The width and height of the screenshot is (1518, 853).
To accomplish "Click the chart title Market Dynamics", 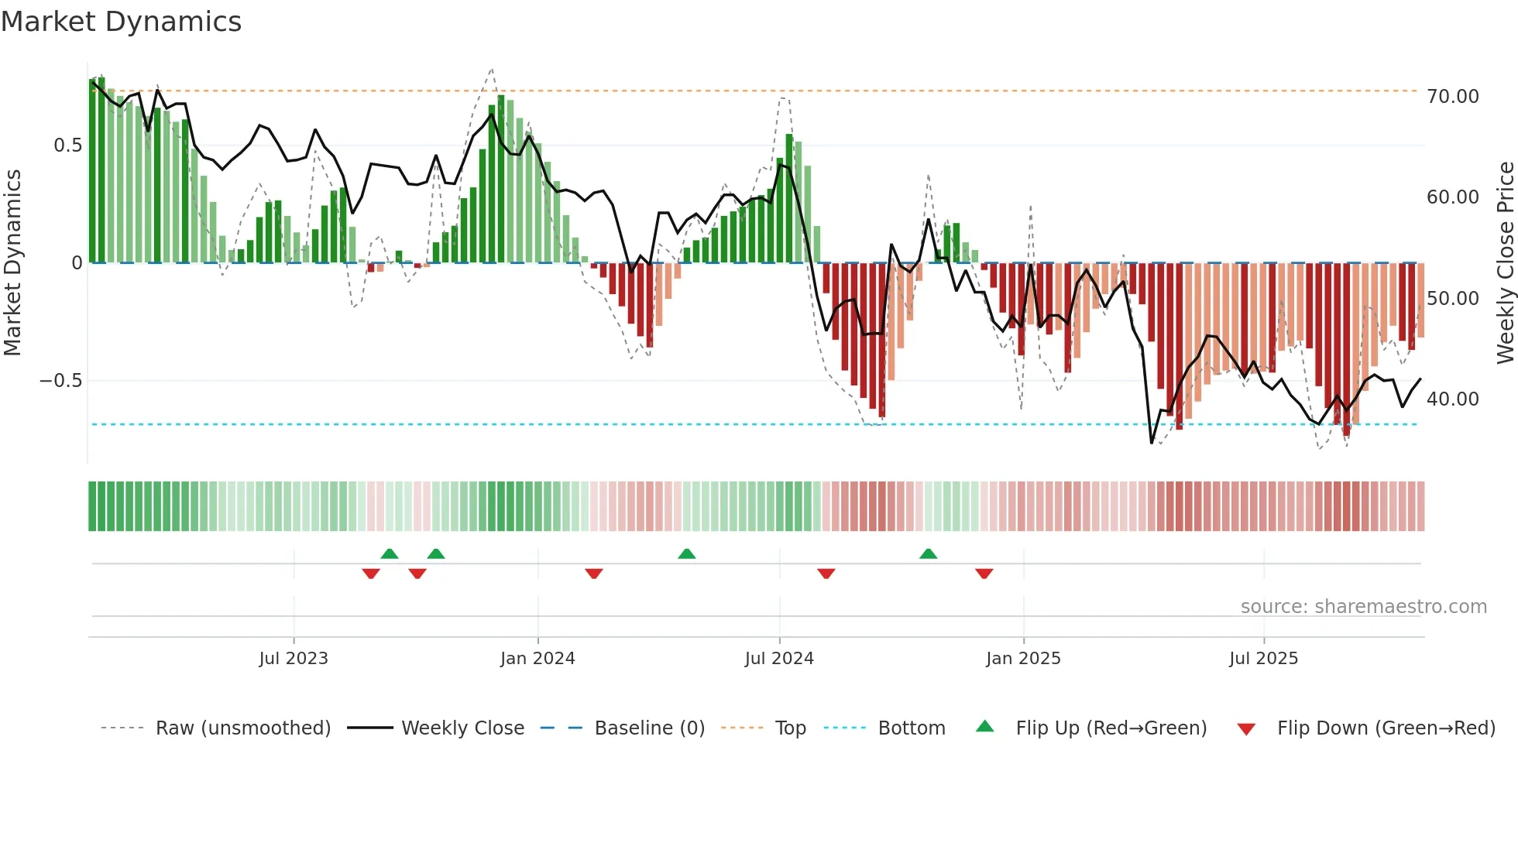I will pyautogui.click(x=121, y=22).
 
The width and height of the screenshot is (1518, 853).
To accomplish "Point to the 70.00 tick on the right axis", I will pyautogui.click(x=1452, y=97).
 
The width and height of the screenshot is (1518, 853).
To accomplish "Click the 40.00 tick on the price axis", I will pyautogui.click(x=1452, y=399).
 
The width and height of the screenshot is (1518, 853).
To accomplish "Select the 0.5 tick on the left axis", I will pyautogui.click(x=67, y=146).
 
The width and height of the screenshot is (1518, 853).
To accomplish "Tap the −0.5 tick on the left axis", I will pyautogui.click(x=60, y=381).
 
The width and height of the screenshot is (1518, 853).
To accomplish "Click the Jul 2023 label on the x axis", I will pyautogui.click(x=294, y=659).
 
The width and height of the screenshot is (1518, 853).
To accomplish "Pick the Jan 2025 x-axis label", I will pyautogui.click(x=1023, y=659).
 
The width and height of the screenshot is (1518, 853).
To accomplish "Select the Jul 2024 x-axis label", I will pyautogui.click(x=779, y=659).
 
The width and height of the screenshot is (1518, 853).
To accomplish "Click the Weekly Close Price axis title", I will pyautogui.click(x=1505, y=263).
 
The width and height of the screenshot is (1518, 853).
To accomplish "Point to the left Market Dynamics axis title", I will pyautogui.click(x=12, y=263).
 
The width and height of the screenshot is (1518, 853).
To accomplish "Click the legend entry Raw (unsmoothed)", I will pyautogui.click(x=242, y=728).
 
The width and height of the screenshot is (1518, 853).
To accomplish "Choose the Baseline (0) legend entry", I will pyautogui.click(x=649, y=728).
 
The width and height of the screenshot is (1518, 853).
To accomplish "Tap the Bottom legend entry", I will pyautogui.click(x=911, y=728).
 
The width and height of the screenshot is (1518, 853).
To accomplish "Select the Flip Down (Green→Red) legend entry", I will pyautogui.click(x=1386, y=728).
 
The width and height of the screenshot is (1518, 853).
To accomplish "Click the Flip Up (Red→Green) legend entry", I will pyautogui.click(x=1111, y=728).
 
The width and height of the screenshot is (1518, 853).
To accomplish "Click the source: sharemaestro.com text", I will pyautogui.click(x=1363, y=607).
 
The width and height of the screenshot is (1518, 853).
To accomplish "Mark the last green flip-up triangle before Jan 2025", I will pyautogui.click(x=928, y=553).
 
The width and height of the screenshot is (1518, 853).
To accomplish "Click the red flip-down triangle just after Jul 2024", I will pyautogui.click(x=826, y=574).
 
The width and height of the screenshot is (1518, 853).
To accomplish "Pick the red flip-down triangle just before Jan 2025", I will pyautogui.click(x=984, y=574).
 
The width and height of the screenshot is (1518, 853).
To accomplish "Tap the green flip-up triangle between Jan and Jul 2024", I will pyautogui.click(x=686, y=553).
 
